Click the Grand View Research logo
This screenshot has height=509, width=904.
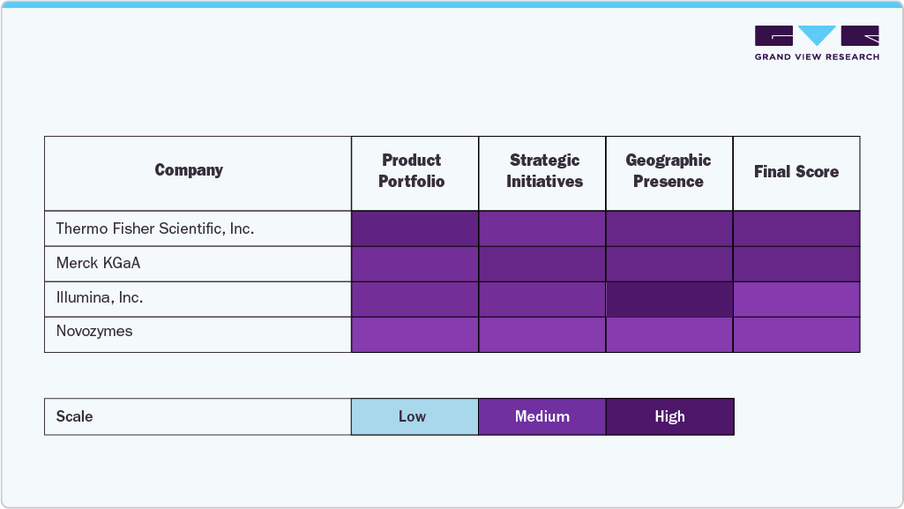tap(817, 42)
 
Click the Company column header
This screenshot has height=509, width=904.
tap(189, 170)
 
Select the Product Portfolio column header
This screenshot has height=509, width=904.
tap(412, 171)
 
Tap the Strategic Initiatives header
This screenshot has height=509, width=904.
tap(544, 171)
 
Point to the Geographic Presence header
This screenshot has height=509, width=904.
tap(669, 171)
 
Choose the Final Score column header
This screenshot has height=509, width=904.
tap(796, 172)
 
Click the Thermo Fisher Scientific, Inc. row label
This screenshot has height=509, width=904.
tap(155, 228)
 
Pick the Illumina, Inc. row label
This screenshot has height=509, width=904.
tap(100, 298)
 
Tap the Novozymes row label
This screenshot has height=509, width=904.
tap(94, 332)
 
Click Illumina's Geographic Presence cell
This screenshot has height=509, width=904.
tap(669, 299)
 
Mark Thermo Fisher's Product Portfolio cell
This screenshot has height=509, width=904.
tap(415, 228)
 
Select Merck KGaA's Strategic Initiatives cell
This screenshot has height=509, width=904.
tap(542, 264)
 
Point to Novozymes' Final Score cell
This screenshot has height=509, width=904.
tap(796, 334)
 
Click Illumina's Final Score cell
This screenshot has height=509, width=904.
tap(796, 299)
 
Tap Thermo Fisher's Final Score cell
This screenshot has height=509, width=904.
tap(796, 228)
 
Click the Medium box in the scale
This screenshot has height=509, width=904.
tap(542, 416)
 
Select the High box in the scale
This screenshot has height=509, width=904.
tap(669, 416)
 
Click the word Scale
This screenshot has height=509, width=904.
tap(74, 416)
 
